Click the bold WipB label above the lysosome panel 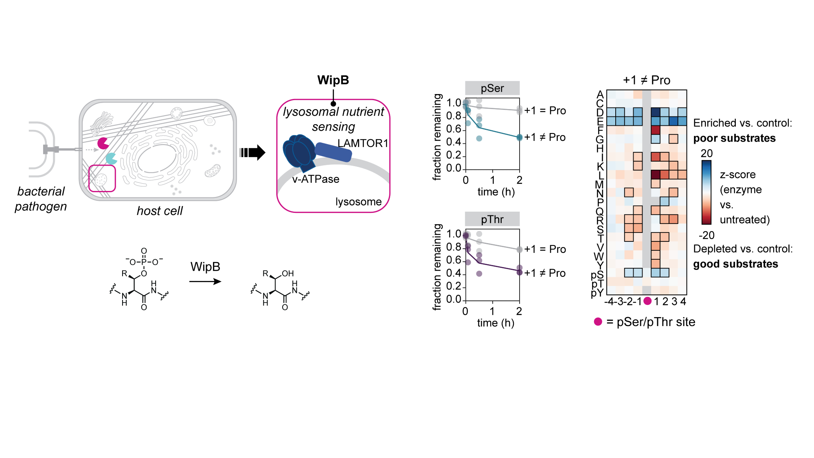333,80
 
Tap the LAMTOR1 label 363,143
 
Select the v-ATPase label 316,179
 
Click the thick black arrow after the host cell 253,153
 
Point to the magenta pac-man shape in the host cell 103,143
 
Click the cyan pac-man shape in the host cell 111,158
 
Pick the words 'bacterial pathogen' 41,199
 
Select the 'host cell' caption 160,211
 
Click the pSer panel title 492,88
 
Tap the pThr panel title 492,219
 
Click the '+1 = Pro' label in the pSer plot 545,111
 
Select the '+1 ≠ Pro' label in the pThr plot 545,273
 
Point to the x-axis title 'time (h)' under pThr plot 496,323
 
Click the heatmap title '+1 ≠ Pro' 646,80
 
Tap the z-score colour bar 706,192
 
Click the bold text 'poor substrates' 734,138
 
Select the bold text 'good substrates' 735,264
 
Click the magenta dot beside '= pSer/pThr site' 598,322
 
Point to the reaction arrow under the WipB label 205,281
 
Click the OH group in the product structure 287,274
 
